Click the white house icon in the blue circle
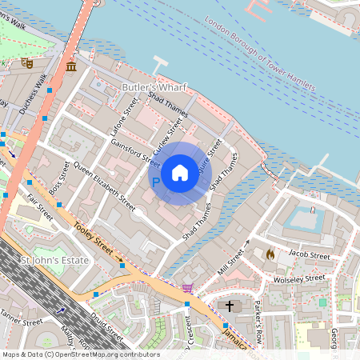180,173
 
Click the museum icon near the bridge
71,65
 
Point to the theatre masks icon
26,62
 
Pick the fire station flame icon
270,254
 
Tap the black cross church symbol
230,306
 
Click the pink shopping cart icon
187,288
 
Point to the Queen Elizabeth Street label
104,185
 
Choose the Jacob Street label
310,254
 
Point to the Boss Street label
59,178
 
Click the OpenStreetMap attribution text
80,354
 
